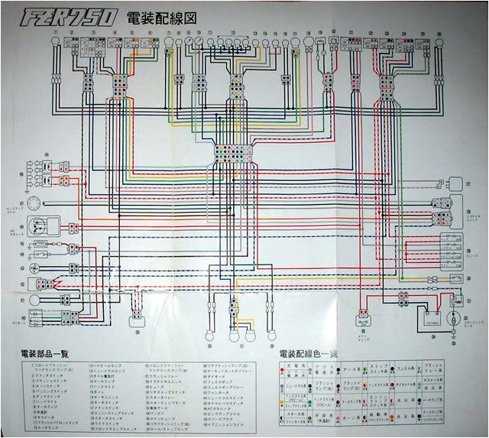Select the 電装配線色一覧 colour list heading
pos(314,354)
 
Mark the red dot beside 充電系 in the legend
pos(284,369)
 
